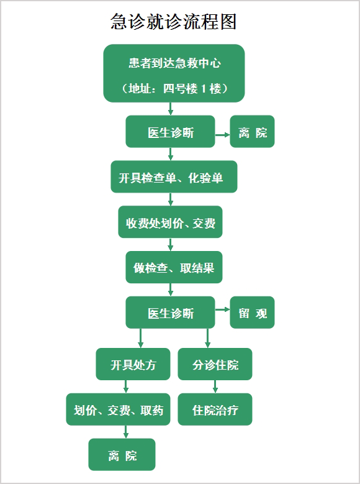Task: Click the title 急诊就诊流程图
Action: click(x=174, y=22)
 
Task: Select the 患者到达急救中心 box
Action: click(x=174, y=73)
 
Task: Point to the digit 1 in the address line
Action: click(x=204, y=89)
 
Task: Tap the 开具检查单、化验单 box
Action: click(x=174, y=176)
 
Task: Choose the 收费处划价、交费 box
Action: click(x=170, y=222)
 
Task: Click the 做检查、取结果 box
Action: click(x=174, y=267)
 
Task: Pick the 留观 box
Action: click(x=253, y=313)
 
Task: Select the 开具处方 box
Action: click(x=133, y=364)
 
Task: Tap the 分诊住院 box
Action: click(x=215, y=364)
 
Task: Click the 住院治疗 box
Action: click(x=215, y=409)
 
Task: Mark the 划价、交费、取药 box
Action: click(x=118, y=409)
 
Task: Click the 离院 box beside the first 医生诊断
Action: click(x=253, y=132)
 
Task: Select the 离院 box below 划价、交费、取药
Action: click(x=122, y=454)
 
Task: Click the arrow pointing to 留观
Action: click(x=222, y=309)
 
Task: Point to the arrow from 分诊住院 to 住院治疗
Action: click(x=215, y=386)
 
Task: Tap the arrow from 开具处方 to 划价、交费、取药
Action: click(x=125, y=386)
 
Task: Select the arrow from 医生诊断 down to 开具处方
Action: click(x=141, y=339)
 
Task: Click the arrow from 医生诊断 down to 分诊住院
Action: click(x=207, y=339)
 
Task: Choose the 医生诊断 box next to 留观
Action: click(x=170, y=313)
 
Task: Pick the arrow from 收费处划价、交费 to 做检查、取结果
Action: click(x=170, y=244)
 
